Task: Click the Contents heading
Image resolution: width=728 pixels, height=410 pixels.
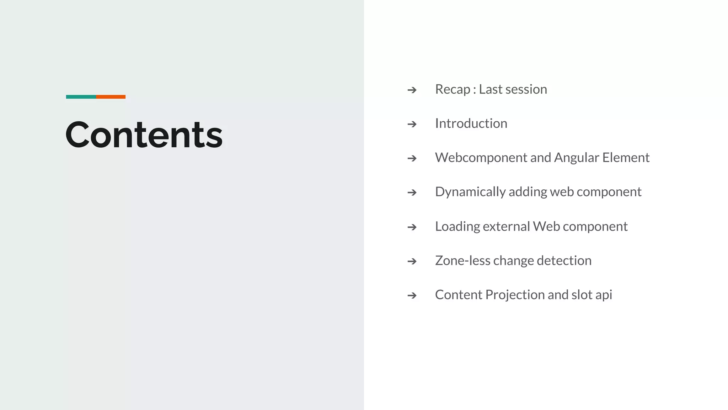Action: coord(144,135)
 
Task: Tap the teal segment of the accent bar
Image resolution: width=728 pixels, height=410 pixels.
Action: coord(81,97)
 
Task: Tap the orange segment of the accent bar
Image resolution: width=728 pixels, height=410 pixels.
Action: coord(111,97)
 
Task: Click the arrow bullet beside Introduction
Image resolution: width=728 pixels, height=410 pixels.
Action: coord(412,124)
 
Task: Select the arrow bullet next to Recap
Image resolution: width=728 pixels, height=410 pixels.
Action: coord(412,90)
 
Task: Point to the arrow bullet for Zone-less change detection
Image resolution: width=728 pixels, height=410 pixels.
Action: coord(412,261)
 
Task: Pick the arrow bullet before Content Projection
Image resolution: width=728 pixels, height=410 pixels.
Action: coord(412,295)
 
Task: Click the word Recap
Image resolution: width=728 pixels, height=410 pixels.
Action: coord(453,90)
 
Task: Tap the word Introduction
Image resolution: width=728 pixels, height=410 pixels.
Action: coord(471,123)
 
